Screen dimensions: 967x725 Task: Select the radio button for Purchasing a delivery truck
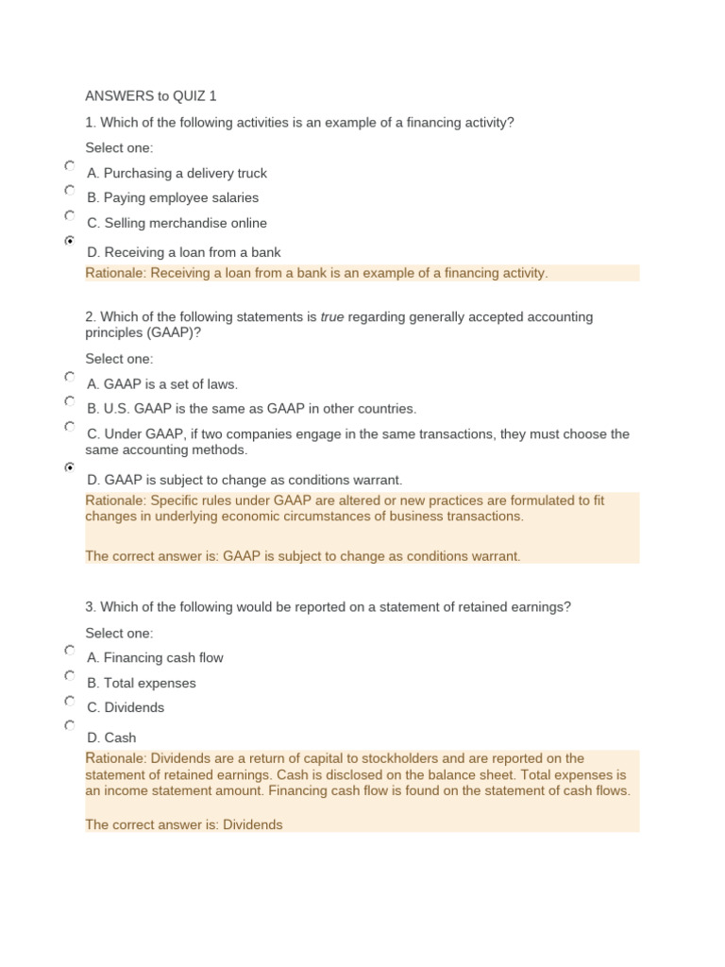[70, 166]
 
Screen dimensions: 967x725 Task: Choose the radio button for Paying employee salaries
[70, 191]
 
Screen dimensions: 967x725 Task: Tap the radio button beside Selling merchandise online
[70, 216]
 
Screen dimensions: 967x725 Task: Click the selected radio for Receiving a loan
[70, 241]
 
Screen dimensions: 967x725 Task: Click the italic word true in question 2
[332, 317]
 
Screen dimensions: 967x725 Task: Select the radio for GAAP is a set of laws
[70, 377]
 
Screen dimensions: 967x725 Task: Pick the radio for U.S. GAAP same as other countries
[70, 401]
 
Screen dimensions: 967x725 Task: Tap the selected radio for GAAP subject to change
[70, 467]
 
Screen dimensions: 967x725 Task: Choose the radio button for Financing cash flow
[70, 651]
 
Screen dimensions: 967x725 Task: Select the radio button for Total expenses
[70, 676]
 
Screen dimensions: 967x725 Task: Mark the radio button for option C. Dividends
[70, 701]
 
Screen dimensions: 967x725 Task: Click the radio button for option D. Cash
[70, 725]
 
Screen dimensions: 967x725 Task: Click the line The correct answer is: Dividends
[184, 824]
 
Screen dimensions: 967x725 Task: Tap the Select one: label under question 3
[119, 633]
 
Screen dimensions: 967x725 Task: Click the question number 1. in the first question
[91, 123]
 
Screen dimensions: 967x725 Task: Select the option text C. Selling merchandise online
[177, 224]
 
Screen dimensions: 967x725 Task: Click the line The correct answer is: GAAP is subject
[302, 556]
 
